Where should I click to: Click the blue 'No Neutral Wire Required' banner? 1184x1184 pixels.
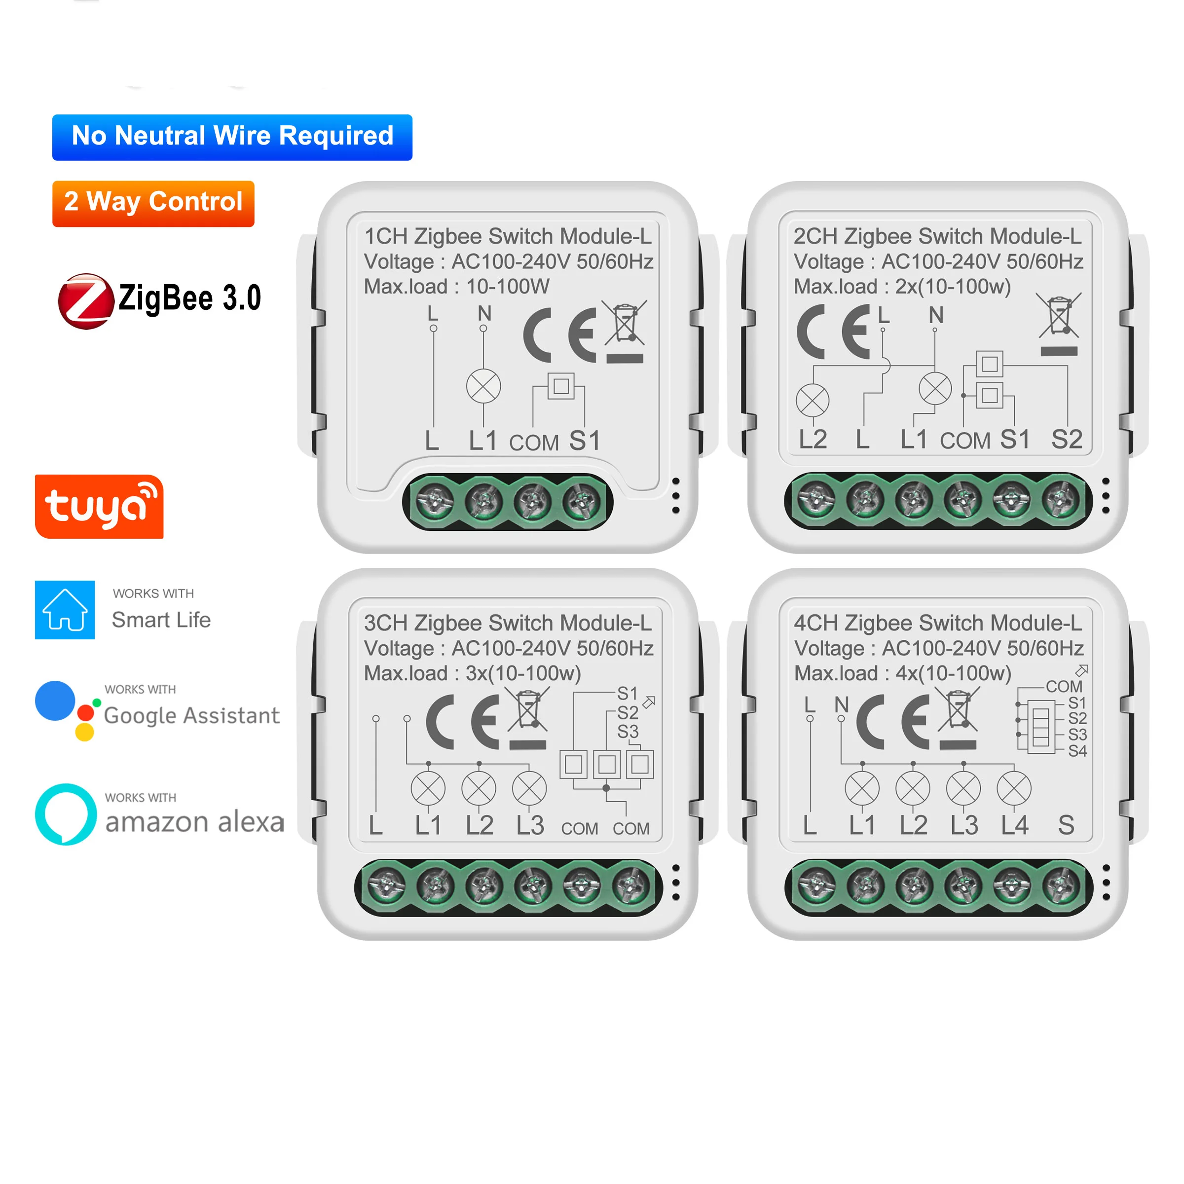pos(232,137)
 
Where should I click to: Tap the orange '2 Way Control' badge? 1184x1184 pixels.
pos(153,203)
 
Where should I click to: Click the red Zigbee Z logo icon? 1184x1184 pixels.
pos(85,301)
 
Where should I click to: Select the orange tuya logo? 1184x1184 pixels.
pos(99,507)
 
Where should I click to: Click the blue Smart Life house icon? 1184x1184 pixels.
pos(65,610)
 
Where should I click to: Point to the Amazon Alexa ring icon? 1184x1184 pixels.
pos(66,814)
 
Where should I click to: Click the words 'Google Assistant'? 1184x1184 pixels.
pos(191,715)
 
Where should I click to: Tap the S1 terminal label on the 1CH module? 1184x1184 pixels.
pos(584,441)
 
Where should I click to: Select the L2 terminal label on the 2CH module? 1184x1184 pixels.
pos(813,440)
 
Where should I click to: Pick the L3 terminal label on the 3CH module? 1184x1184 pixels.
pos(529,825)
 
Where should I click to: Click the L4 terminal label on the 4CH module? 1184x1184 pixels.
pos(1014,825)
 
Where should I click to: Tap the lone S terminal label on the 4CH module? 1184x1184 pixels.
pos(1066,825)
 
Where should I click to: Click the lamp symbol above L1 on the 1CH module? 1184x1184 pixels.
pos(483,387)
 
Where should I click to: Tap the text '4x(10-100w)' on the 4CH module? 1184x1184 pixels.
pos(953,673)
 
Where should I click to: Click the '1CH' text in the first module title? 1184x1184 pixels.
pos(386,237)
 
